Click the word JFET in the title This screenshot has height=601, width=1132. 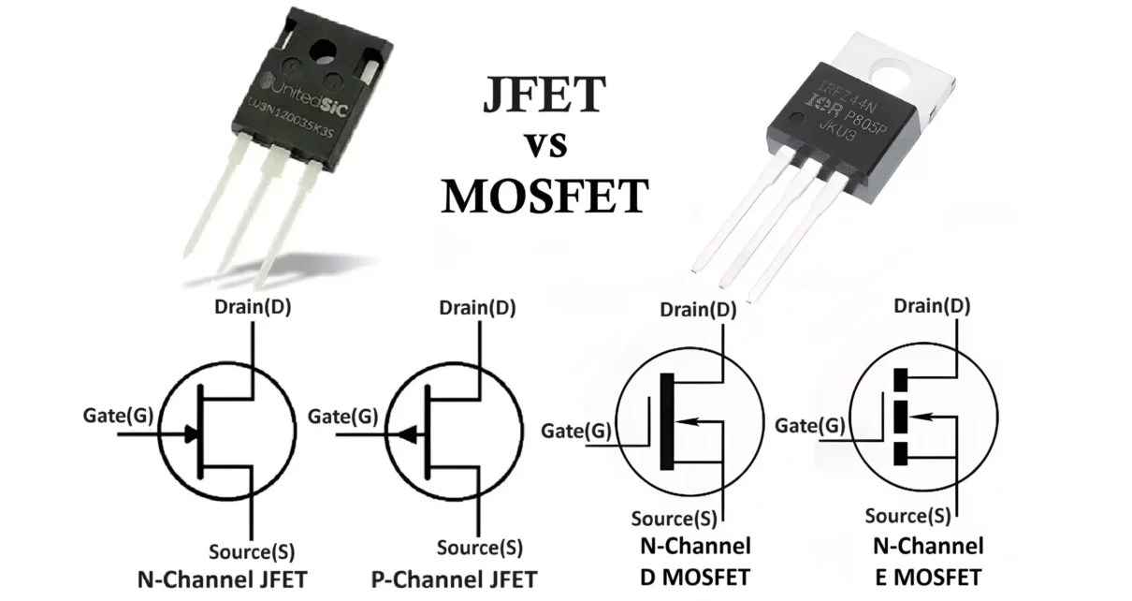[x=544, y=95]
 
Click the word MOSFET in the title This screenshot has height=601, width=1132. [x=544, y=197]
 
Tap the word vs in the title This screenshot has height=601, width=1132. [x=544, y=146]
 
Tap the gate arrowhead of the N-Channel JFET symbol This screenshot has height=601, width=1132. [x=192, y=433]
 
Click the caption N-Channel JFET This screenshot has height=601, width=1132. [x=222, y=578]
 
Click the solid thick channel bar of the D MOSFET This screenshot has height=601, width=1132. [x=666, y=420]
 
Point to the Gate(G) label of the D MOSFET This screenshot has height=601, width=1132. [x=576, y=431]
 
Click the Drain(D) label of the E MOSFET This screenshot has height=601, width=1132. [x=932, y=305]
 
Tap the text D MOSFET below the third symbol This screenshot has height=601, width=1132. [x=694, y=575]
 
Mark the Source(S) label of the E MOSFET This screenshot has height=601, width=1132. [x=907, y=515]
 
